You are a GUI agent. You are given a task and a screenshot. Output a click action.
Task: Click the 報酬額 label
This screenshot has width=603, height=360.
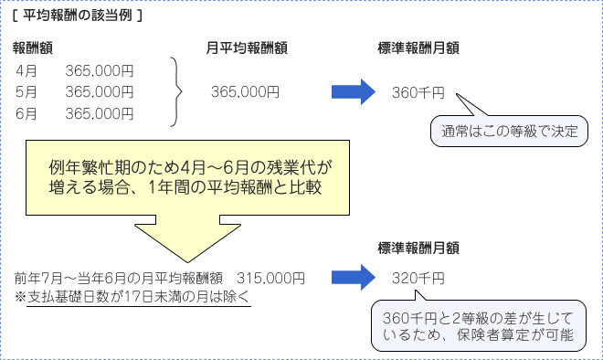pyautogui.click(x=32, y=48)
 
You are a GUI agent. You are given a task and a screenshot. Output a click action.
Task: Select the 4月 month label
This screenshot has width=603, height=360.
pyautogui.click(x=26, y=70)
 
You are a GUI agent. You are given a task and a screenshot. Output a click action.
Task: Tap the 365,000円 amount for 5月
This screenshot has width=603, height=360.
pyautogui.click(x=100, y=91)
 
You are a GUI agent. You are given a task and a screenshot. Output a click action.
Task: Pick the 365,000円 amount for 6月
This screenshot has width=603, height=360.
pyautogui.click(x=100, y=113)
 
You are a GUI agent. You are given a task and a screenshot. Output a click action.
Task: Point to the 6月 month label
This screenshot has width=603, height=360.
pyautogui.click(x=26, y=113)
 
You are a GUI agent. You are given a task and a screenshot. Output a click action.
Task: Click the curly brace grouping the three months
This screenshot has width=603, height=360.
pyautogui.click(x=177, y=91)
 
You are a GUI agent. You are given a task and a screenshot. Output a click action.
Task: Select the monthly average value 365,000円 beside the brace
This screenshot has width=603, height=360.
pyautogui.click(x=245, y=91)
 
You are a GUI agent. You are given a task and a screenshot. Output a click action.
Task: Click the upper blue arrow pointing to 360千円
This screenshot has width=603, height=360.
pyautogui.click(x=354, y=91)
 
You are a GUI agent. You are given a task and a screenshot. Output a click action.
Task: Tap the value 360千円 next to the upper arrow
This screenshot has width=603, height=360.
pyautogui.click(x=418, y=92)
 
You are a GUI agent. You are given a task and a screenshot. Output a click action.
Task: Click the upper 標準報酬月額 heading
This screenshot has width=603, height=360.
pyautogui.click(x=418, y=48)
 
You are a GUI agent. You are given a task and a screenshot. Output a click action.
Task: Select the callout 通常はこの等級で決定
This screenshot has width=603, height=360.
pyautogui.click(x=509, y=130)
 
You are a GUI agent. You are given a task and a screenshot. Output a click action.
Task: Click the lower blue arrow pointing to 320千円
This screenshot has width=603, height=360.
pyautogui.click(x=354, y=277)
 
